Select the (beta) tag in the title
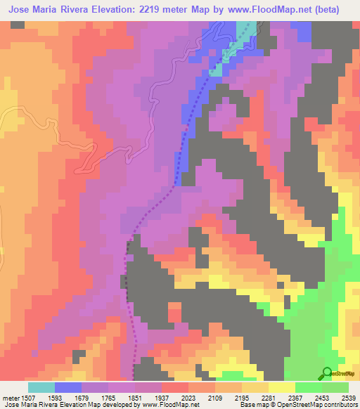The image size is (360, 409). click(338, 10)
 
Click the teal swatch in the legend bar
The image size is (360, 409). click(41, 387)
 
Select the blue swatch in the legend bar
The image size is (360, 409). click(68, 387)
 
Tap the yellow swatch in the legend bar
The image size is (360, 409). click(282, 387)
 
